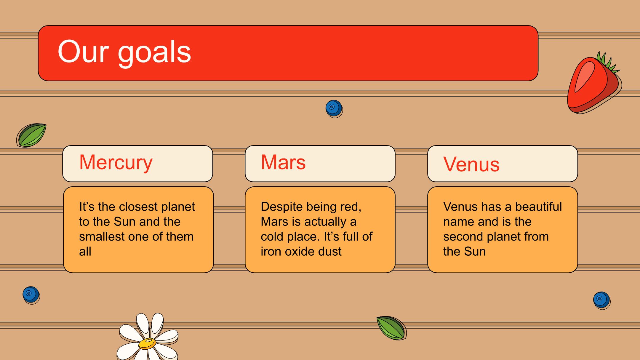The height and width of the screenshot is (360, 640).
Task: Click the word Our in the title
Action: (83, 51)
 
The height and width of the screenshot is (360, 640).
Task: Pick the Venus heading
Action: (471, 164)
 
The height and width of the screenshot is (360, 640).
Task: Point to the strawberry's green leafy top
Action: (608, 62)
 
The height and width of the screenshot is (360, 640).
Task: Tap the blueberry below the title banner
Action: (334, 109)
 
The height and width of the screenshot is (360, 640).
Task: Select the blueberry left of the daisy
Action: (31, 295)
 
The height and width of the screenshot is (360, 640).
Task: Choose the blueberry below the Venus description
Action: (602, 300)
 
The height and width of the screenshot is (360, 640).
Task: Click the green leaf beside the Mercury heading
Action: (31, 135)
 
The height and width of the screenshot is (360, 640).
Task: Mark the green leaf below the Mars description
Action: (391, 328)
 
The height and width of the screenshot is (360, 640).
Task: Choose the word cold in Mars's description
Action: (272, 236)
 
